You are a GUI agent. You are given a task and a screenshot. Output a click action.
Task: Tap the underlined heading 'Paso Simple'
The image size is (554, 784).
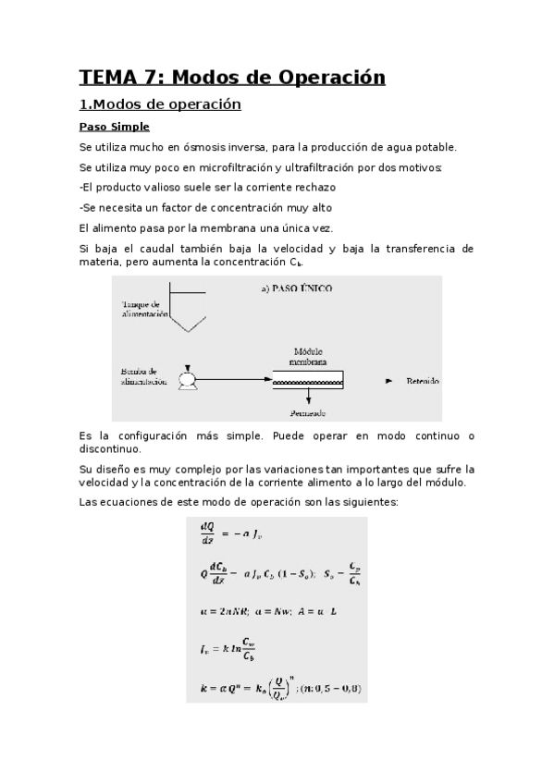click(x=114, y=127)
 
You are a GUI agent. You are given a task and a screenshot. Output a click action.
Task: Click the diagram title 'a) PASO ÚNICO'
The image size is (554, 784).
click(x=297, y=288)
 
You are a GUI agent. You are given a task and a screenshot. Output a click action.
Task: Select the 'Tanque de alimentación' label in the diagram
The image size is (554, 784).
click(x=143, y=309)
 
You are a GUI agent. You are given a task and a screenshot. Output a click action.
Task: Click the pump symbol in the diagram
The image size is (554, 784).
click(x=189, y=378)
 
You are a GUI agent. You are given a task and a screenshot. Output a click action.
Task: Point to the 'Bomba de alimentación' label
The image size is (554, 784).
click(x=143, y=376)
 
